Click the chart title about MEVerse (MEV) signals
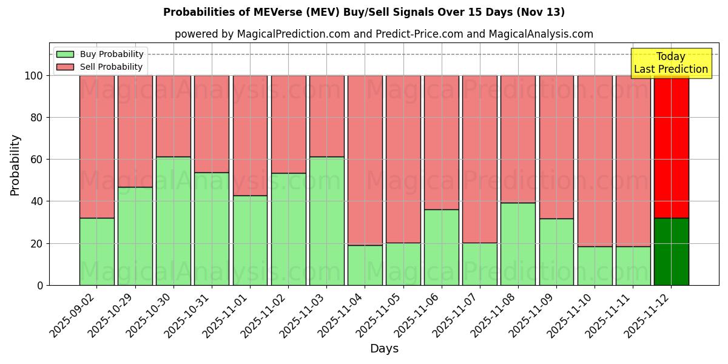(x=364, y=12)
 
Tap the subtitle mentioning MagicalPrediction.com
(x=383, y=34)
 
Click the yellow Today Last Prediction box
(x=670, y=63)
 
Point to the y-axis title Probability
(x=15, y=165)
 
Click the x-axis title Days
(x=384, y=349)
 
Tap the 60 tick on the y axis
(x=38, y=160)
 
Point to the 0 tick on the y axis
(x=40, y=285)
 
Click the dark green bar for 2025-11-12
(x=671, y=252)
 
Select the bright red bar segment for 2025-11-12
(x=671, y=146)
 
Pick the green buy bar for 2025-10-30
(x=174, y=221)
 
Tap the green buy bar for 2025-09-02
(x=97, y=252)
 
